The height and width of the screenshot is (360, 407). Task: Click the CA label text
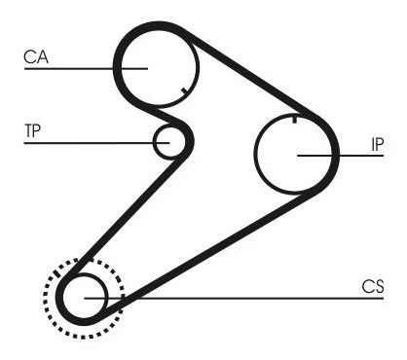(x=36, y=56)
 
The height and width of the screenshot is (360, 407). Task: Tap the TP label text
(x=32, y=130)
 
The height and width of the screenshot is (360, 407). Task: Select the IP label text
(x=377, y=145)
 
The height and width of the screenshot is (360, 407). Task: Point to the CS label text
(x=373, y=286)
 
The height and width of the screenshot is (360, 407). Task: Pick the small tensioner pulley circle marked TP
(x=168, y=142)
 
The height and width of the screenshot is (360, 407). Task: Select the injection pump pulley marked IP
(x=293, y=154)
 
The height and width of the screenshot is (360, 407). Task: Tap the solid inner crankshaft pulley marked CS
(x=85, y=298)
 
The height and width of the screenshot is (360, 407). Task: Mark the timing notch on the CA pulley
(x=184, y=90)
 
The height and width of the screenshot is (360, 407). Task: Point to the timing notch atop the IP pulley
(x=294, y=119)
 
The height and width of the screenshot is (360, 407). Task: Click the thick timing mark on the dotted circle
(x=57, y=273)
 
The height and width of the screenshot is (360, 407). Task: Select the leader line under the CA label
(x=86, y=68)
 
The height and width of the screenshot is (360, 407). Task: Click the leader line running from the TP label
(x=96, y=143)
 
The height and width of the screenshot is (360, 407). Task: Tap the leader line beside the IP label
(x=340, y=156)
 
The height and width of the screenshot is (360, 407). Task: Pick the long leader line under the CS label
(x=234, y=298)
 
